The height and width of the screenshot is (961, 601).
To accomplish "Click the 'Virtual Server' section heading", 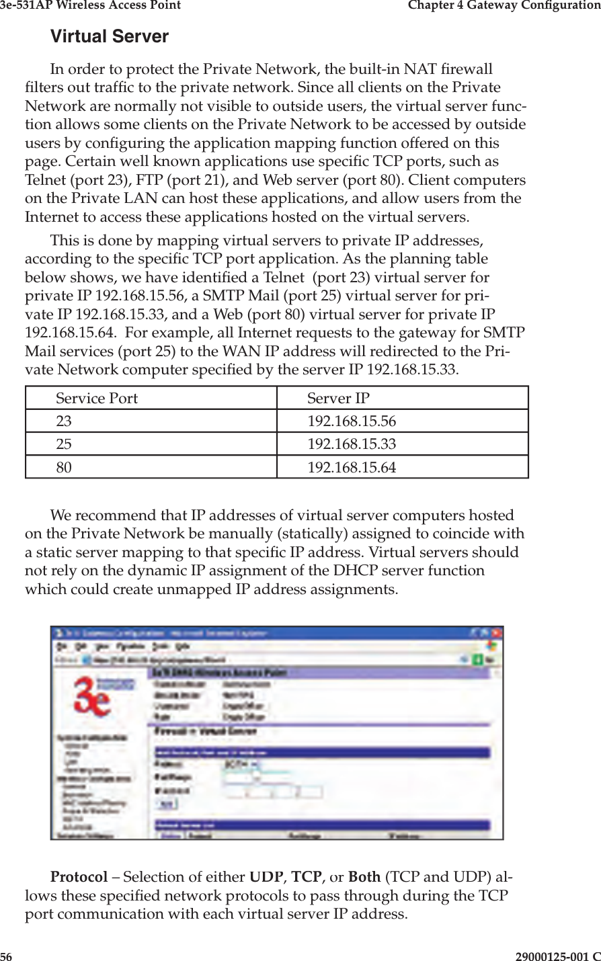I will (110, 36).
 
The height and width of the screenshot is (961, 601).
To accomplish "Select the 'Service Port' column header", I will (96, 399).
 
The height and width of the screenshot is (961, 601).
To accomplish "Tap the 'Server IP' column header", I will (338, 399).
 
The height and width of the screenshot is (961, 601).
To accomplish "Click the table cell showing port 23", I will (64, 421).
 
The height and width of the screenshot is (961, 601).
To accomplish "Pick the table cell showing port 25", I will (64, 444).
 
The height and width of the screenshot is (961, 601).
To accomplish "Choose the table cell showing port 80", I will (64, 467).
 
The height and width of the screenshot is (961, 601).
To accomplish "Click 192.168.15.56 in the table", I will (352, 421).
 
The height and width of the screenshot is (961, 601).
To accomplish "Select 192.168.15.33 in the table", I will (352, 444).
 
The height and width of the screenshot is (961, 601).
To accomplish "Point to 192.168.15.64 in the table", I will (352, 467).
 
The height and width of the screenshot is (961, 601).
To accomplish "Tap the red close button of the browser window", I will (497, 633).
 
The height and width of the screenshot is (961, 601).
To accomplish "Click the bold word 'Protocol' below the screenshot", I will (79, 877).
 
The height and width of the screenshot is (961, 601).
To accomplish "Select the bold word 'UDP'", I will (266, 877).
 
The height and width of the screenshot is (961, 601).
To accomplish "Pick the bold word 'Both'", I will (364, 877).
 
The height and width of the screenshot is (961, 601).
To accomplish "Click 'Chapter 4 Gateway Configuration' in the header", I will (504, 5).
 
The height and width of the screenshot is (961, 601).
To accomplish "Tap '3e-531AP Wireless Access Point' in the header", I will (90, 5).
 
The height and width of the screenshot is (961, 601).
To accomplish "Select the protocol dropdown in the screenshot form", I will (241, 764).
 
